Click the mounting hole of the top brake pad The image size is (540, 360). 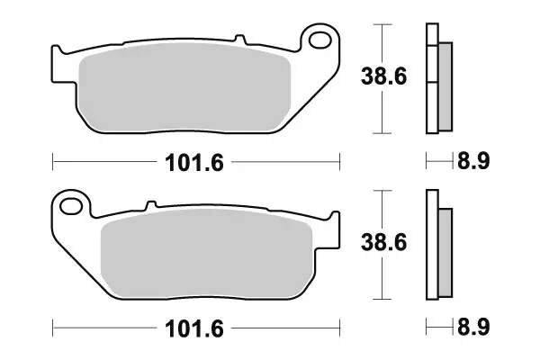319,40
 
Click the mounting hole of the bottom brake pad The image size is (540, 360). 71,207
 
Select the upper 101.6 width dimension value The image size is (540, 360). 193,163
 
